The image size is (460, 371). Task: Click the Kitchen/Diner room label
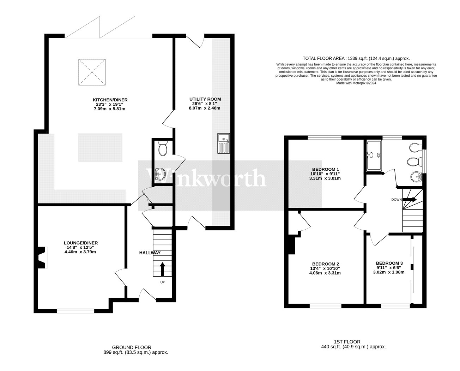110,100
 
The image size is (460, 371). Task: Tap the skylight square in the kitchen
92,72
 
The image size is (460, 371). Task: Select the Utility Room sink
224,143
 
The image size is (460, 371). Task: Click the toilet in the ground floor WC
163,148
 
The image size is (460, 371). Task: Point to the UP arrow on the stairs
162,269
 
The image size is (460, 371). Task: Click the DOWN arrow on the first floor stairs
409,200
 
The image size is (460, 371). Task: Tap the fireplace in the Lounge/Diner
43,258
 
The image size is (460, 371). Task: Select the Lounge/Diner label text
81,243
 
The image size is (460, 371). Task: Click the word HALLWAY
150,253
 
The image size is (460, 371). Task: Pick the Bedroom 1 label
325,169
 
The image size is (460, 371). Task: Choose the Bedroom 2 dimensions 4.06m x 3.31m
325,273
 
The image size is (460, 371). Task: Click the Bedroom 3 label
389,263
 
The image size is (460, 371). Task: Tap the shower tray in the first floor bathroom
374,155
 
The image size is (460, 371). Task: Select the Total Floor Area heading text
356,58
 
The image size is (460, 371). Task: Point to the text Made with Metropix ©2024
356,83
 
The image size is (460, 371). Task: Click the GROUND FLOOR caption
132,347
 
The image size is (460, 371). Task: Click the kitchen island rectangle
100,148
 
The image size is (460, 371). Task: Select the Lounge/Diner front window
75,311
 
